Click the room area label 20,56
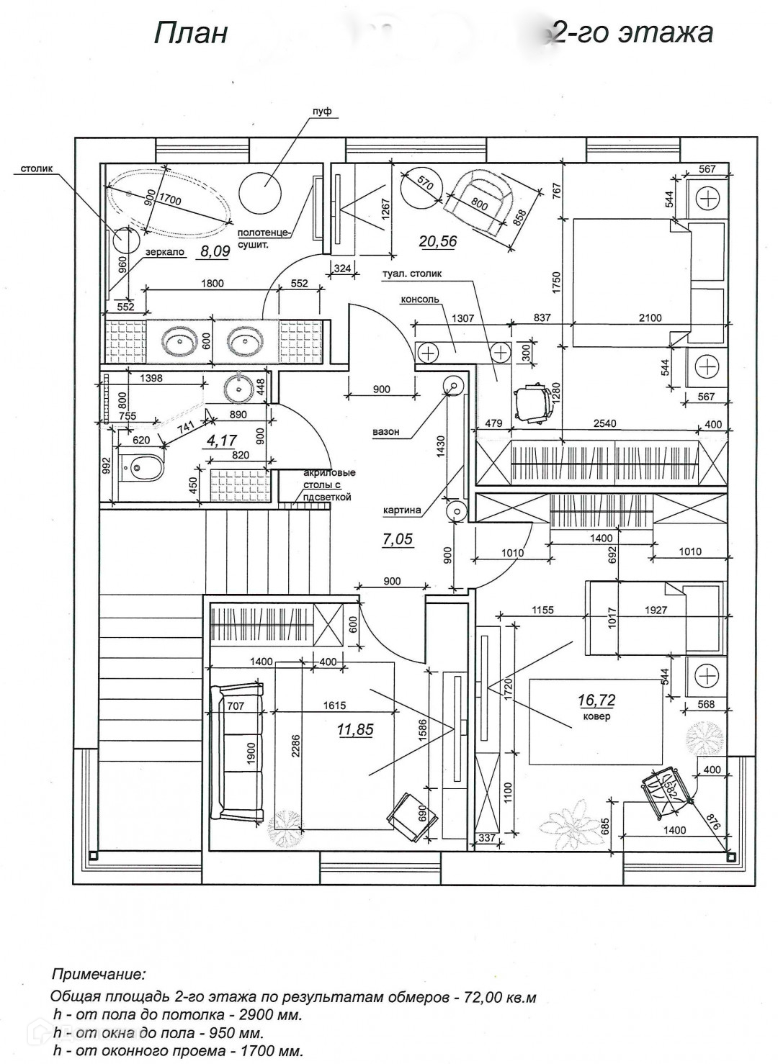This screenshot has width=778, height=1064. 438,242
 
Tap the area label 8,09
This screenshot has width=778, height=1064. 215,251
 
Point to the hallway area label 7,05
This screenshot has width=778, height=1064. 397,539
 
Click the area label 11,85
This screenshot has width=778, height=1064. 355,730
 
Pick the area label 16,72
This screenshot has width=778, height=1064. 596,700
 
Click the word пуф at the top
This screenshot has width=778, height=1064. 321,112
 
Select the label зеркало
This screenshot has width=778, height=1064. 165,253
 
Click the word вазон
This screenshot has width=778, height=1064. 386,433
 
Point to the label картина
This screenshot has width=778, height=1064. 402,510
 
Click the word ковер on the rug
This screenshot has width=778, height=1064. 597,717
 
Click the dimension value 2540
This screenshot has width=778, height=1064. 604,423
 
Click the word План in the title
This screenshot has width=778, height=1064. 191,33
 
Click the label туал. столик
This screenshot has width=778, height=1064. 413,274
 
